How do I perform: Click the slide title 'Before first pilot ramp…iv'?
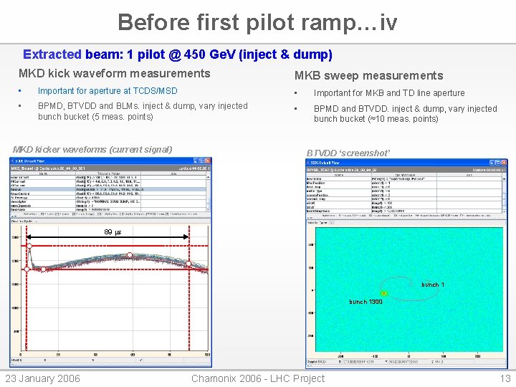257,22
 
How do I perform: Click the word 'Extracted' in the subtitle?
52,54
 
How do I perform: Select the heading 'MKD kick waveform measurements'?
114,73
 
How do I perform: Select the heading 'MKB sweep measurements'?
368,75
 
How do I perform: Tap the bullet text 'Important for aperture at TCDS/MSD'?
107,91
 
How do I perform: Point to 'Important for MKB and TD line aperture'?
389,93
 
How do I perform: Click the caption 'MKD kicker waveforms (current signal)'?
92,149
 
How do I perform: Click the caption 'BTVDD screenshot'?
348,153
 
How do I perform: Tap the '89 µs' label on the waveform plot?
113,232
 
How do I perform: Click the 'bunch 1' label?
432,285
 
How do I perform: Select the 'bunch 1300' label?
365,302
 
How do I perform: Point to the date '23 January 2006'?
43,378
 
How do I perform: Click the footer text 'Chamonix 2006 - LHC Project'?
258,378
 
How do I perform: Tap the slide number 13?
505,378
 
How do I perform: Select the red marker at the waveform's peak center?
130,255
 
